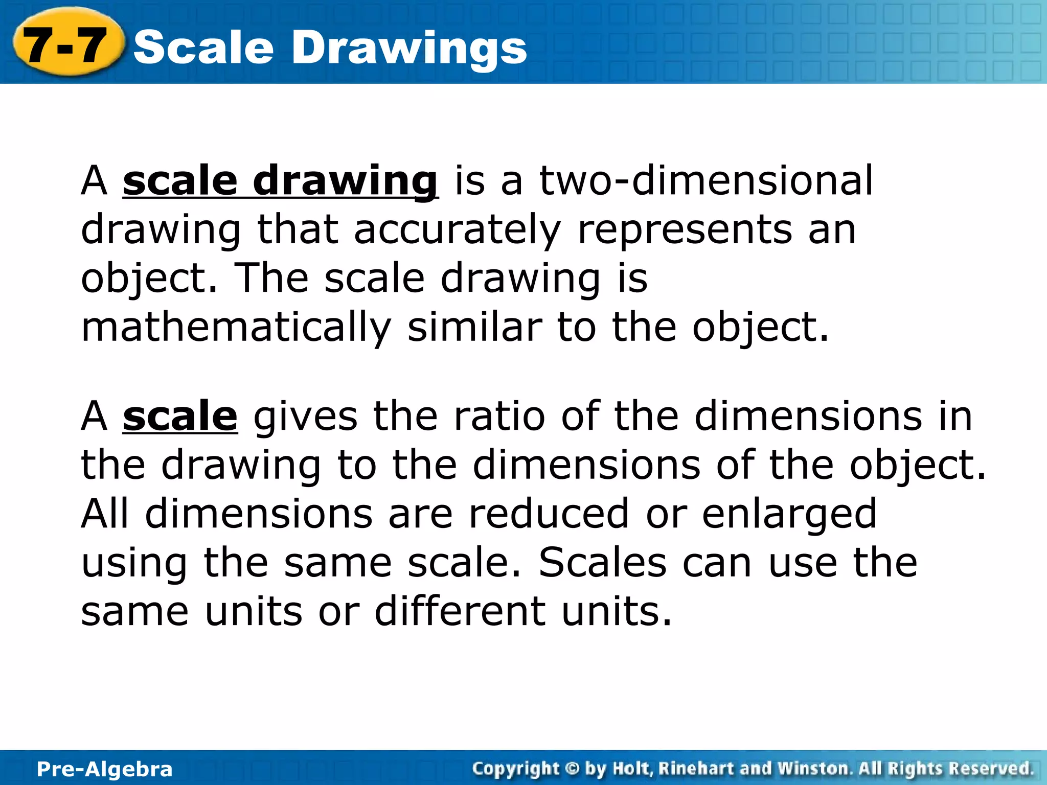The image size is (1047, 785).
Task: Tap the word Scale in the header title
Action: (x=203, y=48)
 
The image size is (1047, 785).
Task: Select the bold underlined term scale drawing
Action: (x=280, y=181)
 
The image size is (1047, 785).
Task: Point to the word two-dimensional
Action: (x=706, y=181)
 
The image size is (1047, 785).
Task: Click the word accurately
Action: (x=458, y=230)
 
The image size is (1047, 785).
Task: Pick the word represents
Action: (x=685, y=230)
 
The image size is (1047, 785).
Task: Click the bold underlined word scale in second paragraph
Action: (x=180, y=417)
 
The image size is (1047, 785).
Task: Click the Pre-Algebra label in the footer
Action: (x=105, y=769)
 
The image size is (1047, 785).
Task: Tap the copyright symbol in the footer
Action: (x=572, y=769)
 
